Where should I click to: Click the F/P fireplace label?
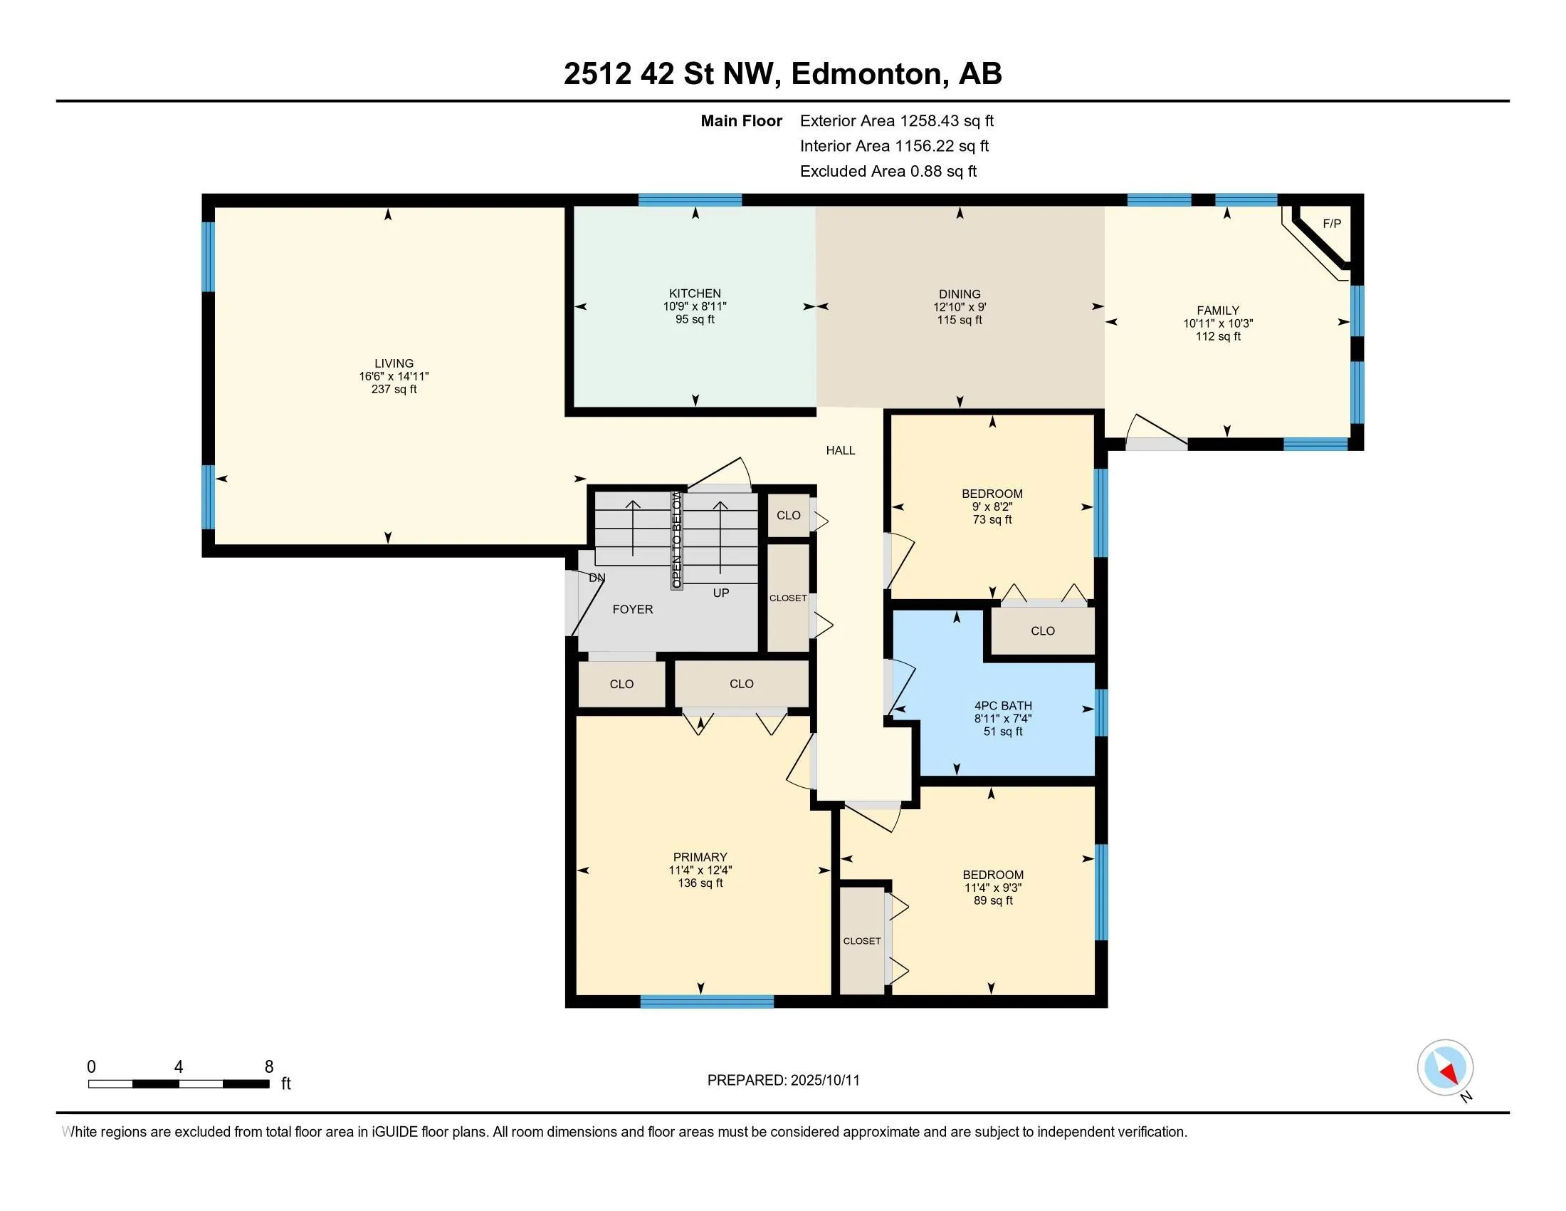tap(1332, 224)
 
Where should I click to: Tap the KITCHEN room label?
tap(695, 293)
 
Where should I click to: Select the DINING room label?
tap(960, 294)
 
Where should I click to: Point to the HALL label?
tap(841, 450)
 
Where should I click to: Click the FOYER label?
tap(632, 610)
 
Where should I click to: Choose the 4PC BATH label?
tap(1003, 706)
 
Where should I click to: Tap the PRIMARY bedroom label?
tap(700, 857)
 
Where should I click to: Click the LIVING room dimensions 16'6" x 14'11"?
tap(394, 377)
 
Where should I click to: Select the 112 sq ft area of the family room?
tap(1217, 336)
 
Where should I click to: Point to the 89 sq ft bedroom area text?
tap(993, 900)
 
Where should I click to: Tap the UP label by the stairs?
tap(720, 593)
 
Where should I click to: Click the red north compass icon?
tap(1445, 1068)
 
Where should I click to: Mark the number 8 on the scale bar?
tap(269, 1067)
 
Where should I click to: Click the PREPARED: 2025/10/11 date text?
tap(783, 1081)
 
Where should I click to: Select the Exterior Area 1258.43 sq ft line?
tap(897, 121)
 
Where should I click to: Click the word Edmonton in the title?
tap(866, 74)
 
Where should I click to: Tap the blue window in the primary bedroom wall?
tap(707, 1002)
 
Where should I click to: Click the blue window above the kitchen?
tap(690, 200)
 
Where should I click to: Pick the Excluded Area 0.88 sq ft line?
tap(888, 172)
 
